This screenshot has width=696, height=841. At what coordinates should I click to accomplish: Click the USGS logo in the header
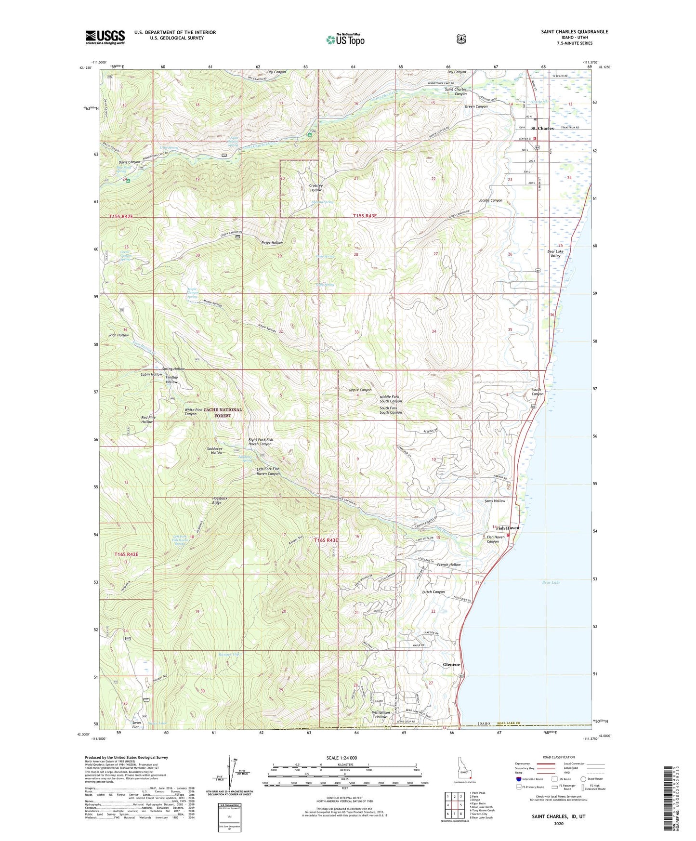pyautogui.click(x=105, y=37)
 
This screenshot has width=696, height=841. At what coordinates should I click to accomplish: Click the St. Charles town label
pyautogui.click(x=542, y=129)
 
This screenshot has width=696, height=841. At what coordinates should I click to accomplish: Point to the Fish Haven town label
pyautogui.click(x=506, y=528)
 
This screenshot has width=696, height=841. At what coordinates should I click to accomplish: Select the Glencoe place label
pyautogui.click(x=451, y=665)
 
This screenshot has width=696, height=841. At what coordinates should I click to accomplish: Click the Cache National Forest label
pyautogui.click(x=223, y=412)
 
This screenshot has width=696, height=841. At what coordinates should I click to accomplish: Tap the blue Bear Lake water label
pyautogui.click(x=551, y=582)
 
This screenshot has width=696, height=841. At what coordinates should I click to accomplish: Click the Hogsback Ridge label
pyautogui.click(x=217, y=500)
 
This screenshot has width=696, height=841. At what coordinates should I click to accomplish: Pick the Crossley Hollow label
pyautogui.click(x=315, y=187)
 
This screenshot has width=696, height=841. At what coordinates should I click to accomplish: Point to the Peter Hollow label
pyautogui.click(x=272, y=243)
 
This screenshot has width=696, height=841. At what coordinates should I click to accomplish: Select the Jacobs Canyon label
pyautogui.click(x=490, y=200)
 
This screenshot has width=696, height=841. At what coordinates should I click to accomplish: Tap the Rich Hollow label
pyautogui.click(x=119, y=335)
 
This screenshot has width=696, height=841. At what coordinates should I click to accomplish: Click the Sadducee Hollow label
pyautogui.click(x=214, y=450)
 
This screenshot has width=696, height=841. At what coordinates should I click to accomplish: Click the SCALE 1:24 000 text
pyautogui.click(x=341, y=758)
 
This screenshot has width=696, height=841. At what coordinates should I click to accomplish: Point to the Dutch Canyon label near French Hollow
pyautogui.click(x=433, y=592)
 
